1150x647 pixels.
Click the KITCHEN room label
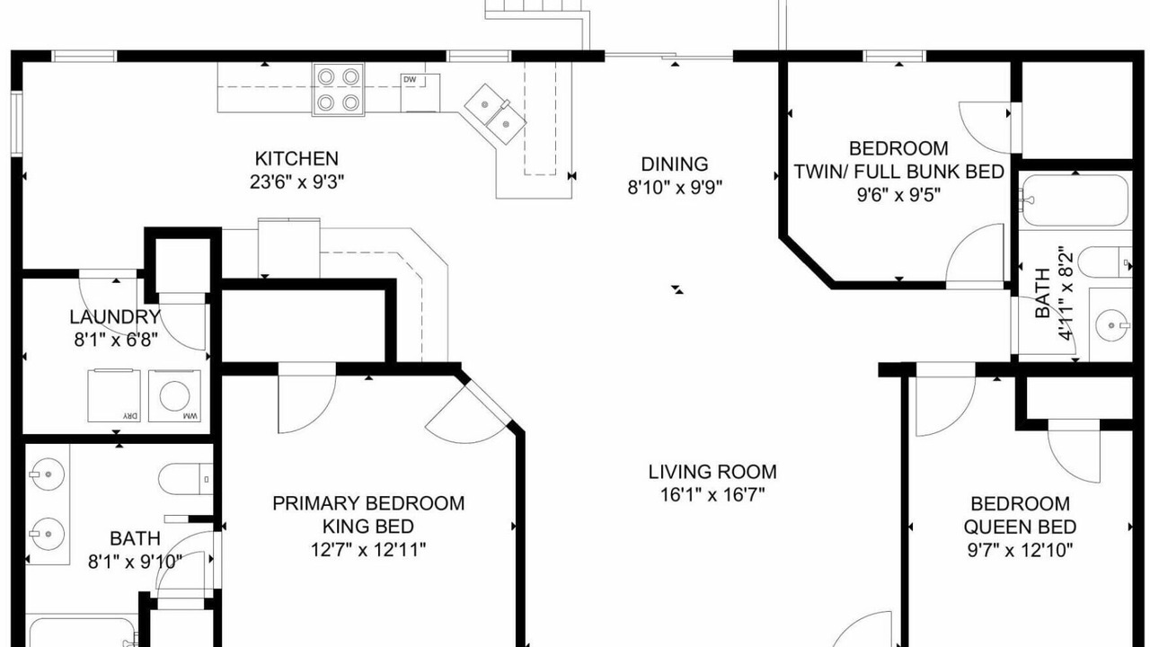(296, 159)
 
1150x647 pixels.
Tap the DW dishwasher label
(410, 80)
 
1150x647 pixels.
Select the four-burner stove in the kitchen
(339, 90)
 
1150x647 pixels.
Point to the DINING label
(675, 164)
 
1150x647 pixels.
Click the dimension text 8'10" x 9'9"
(675, 188)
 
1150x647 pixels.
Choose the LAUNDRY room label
(115, 317)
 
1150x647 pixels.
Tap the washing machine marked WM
(174, 396)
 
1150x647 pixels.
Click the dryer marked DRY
(114, 395)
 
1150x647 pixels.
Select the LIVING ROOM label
(712, 472)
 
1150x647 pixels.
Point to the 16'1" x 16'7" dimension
(712, 495)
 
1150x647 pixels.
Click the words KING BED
(368, 527)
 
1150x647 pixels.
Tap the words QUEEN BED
(1020, 527)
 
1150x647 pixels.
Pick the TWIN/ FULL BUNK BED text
(899, 172)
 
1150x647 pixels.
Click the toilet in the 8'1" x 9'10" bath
(185, 479)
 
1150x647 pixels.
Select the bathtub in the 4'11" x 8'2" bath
(1075, 199)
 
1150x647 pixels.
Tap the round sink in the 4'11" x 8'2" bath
(1112, 325)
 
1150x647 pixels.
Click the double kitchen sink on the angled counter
(495, 114)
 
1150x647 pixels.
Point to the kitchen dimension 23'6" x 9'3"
(296, 182)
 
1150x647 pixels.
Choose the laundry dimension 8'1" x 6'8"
(115, 340)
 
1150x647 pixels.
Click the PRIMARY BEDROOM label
(368, 503)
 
